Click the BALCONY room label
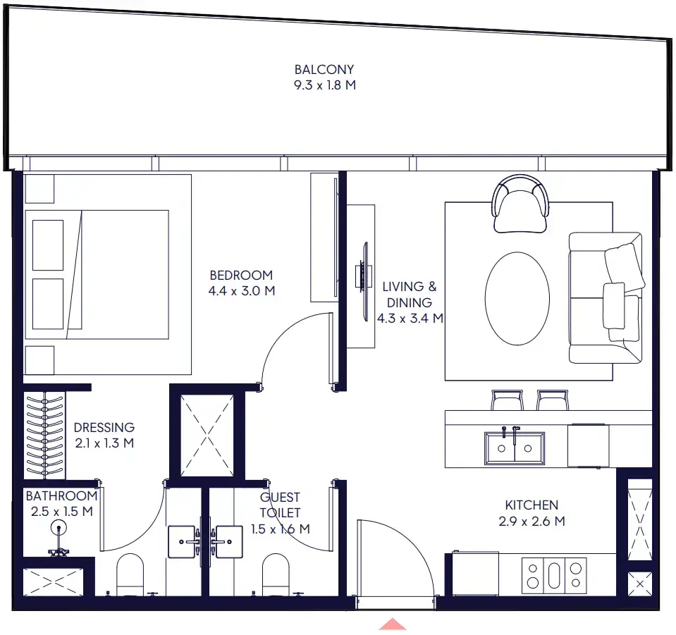pyautogui.click(x=324, y=70)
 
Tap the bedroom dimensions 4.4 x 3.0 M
pyautogui.click(x=242, y=290)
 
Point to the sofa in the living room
pyautogui.click(x=606, y=298)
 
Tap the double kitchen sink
pyautogui.click(x=514, y=448)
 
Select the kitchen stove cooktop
pyautogui.click(x=554, y=574)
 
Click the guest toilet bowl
pyautogui.click(x=276, y=574)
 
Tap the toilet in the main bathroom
pyautogui.click(x=130, y=574)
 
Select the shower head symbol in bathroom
pyautogui.click(x=59, y=527)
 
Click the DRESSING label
pyautogui.click(x=104, y=427)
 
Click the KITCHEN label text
pyautogui.click(x=531, y=505)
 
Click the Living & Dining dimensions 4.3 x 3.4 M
pyautogui.click(x=410, y=318)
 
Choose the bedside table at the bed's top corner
pyautogui.click(x=39, y=188)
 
